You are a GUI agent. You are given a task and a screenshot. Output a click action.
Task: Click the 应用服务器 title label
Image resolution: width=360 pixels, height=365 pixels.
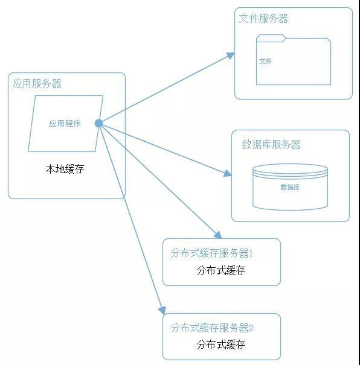37,84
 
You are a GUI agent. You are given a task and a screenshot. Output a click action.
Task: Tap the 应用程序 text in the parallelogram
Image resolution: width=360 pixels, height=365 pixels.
65,123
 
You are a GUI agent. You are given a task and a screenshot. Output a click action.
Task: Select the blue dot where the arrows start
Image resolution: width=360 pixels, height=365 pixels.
98,123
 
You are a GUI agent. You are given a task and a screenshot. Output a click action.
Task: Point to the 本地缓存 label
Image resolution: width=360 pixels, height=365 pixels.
65,169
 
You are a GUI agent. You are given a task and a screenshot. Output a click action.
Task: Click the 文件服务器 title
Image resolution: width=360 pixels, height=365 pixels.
263,18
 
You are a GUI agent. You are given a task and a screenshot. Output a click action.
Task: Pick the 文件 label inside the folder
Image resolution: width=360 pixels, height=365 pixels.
266,61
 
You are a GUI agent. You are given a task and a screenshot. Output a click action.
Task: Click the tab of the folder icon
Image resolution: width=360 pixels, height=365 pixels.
271,38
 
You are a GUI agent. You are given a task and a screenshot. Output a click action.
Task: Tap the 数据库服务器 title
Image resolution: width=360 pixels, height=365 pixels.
271,144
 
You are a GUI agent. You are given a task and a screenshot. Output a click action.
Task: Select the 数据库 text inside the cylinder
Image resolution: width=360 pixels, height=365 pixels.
290,187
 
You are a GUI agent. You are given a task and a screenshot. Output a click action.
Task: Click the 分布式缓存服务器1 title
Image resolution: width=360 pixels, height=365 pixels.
211,253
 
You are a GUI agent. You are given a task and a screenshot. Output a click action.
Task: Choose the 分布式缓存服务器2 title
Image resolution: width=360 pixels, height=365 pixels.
212,328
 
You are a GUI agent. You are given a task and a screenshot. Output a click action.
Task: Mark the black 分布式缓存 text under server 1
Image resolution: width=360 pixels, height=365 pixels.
221,270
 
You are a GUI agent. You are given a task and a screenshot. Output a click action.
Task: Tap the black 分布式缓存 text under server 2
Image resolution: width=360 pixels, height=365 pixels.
221,344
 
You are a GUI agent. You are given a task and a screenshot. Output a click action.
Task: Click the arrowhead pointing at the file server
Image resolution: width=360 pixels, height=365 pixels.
231,56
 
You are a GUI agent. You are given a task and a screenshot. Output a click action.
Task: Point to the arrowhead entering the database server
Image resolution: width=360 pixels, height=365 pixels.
228,173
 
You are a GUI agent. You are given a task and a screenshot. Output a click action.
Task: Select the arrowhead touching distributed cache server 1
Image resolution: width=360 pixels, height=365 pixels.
218,235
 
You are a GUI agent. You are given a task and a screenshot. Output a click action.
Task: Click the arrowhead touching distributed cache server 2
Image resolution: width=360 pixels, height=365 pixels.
162,310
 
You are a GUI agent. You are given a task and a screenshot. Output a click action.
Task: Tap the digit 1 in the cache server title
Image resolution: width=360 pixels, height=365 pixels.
251,253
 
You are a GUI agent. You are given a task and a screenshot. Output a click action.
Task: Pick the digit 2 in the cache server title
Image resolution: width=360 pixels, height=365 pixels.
251,328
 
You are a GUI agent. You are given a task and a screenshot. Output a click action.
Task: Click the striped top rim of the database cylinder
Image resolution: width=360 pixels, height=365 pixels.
291,171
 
